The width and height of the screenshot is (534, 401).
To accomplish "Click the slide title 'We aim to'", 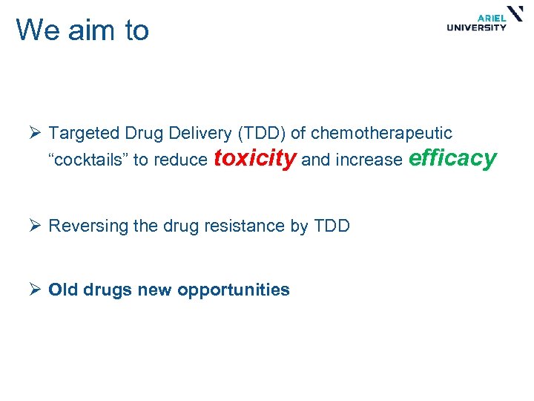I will click(82, 30).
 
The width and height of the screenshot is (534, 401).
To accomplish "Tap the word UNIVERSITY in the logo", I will click(477, 28).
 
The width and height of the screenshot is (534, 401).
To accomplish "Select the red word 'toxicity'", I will click(255, 158).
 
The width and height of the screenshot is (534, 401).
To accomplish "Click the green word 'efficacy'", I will click(452, 158).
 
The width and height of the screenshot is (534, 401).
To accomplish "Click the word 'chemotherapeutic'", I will click(381, 134).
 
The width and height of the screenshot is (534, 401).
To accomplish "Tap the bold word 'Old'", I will click(62, 290).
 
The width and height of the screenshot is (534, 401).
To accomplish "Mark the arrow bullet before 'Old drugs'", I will click(34, 290).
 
